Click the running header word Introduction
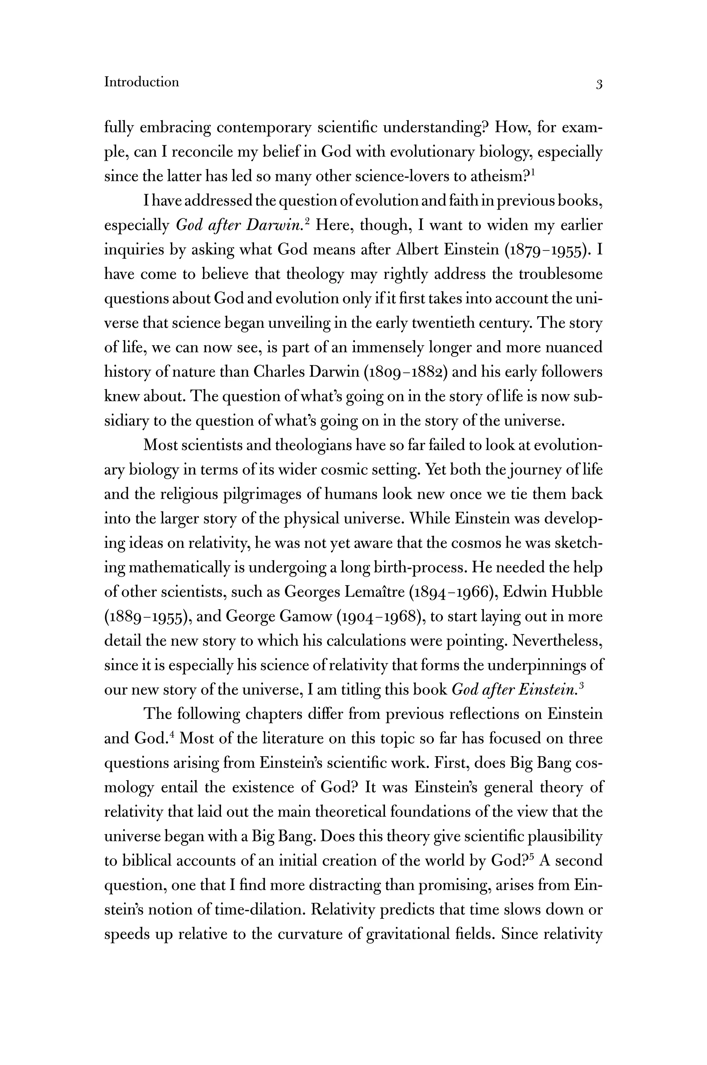point(141,82)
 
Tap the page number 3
point(599,84)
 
